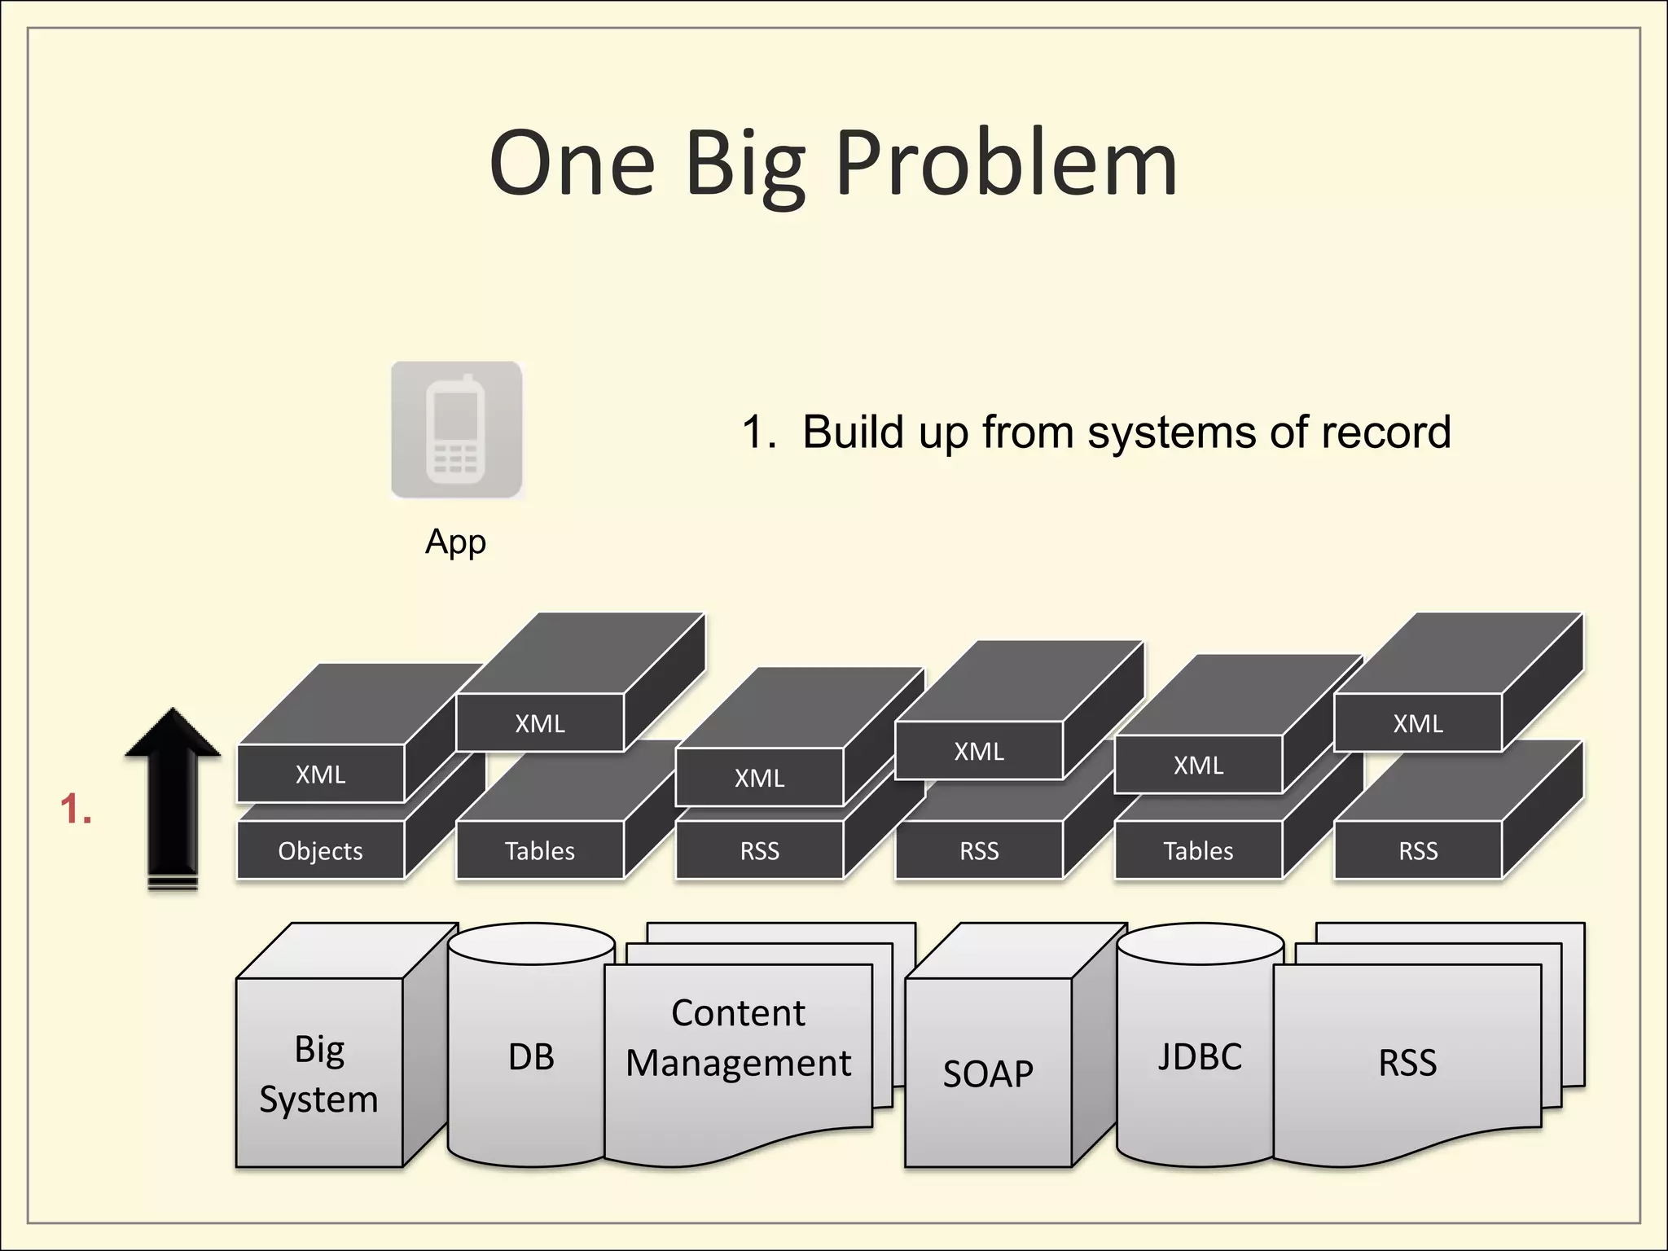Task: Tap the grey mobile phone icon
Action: (456, 429)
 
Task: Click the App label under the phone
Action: (455, 542)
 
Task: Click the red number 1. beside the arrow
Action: (76, 810)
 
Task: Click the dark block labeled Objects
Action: (320, 850)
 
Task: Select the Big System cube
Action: (319, 1073)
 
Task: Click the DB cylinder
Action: (531, 1056)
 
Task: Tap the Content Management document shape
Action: (738, 1038)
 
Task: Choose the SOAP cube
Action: (988, 1073)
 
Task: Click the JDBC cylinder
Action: (1199, 1056)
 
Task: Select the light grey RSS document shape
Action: (1407, 1062)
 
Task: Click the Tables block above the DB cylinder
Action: (539, 850)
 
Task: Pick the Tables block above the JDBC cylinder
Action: (1198, 850)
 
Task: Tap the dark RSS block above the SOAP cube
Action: (979, 850)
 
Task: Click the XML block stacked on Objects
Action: (320, 774)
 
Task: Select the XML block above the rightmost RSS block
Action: (1418, 723)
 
